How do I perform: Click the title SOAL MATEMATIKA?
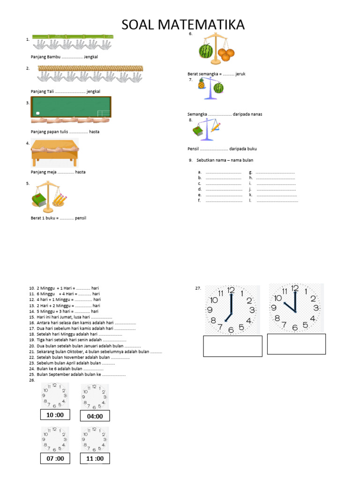pyautogui.click(x=183, y=24)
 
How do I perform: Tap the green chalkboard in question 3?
pyautogui.click(x=71, y=106)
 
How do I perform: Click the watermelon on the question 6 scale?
pyautogui.click(x=206, y=51)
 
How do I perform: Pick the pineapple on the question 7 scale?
pyautogui.click(x=202, y=84)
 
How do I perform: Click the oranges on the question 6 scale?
pyautogui.click(x=226, y=54)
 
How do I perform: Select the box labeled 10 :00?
pyautogui.click(x=55, y=415)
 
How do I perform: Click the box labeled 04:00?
pyautogui.click(x=95, y=416)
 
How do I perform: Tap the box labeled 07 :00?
pyautogui.click(x=55, y=458)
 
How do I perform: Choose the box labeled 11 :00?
pyautogui.click(x=95, y=458)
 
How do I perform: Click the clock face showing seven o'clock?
pyautogui.click(x=231, y=309)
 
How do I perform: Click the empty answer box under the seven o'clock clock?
pyautogui.click(x=232, y=346)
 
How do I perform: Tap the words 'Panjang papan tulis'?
pyautogui.click(x=46, y=132)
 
